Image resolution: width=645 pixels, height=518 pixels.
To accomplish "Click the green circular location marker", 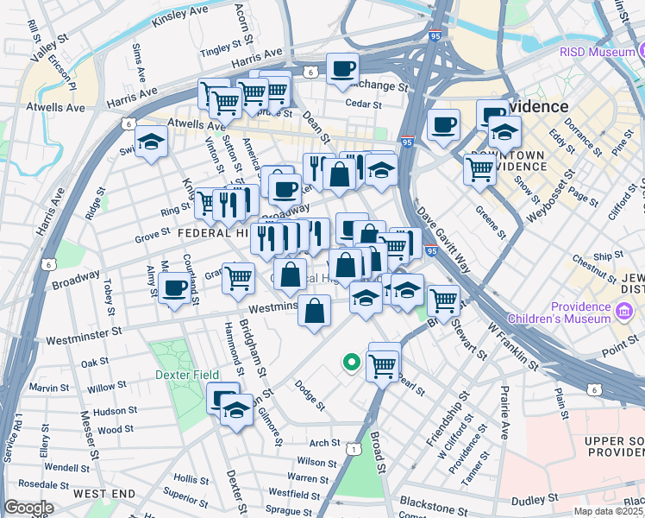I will point(351,363).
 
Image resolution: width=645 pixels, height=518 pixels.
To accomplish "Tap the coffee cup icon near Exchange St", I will point(342,69).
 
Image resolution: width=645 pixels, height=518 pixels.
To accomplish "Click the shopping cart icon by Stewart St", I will point(443,301).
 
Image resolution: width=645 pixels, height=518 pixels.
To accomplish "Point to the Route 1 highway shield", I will point(353,449).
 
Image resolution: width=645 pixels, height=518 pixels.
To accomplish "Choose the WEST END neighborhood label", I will point(104,493).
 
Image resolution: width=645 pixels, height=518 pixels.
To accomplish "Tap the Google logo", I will point(28,507).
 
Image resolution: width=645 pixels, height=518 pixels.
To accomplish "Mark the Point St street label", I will point(622,347).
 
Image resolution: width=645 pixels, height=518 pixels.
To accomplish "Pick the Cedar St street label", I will point(363,104).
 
